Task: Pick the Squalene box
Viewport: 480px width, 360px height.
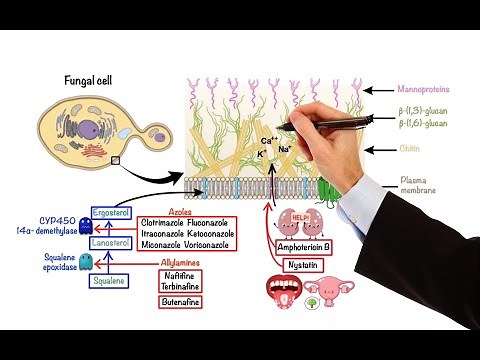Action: pyautogui.click(x=110, y=282)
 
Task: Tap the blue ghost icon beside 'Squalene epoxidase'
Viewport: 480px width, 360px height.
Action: pyautogui.click(x=86, y=261)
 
